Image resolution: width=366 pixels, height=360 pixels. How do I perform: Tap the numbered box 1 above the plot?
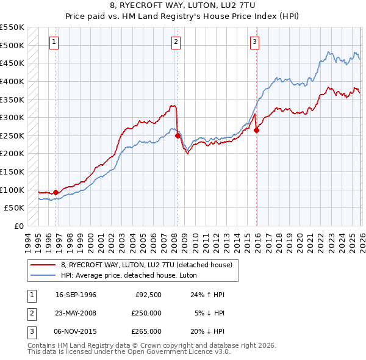click(54, 42)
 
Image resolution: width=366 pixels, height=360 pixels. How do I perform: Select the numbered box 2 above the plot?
click(176, 42)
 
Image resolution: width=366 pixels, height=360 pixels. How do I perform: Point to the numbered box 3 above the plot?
click(254, 42)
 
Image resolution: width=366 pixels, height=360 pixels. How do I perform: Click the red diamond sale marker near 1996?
click(56, 192)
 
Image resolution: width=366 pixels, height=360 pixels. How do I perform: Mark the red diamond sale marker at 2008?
click(178, 136)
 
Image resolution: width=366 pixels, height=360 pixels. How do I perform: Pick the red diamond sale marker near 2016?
click(257, 130)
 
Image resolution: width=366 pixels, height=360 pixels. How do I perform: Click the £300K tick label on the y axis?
click(12, 117)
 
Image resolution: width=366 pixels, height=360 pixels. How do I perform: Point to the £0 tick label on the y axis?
click(18, 226)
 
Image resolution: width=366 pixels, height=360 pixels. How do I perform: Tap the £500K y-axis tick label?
click(12, 45)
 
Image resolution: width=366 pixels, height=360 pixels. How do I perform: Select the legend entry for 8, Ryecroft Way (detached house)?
click(146, 265)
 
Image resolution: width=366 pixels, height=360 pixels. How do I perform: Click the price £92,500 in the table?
click(148, 295)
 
